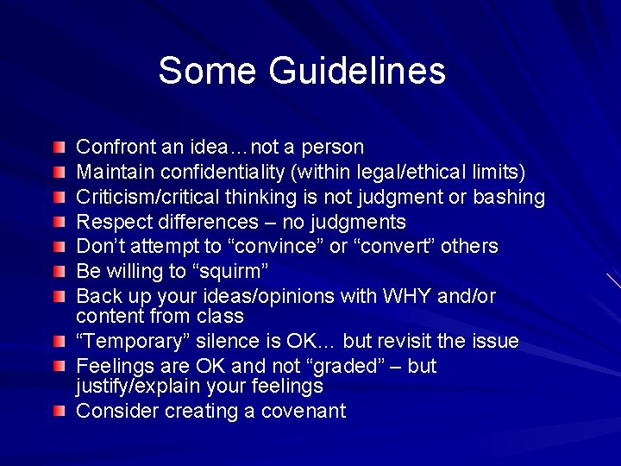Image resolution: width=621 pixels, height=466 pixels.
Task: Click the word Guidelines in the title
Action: coord(357,71)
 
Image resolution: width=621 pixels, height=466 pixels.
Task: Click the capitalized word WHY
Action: coord(402,296)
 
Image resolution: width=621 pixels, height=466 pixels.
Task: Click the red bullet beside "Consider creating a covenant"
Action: coord(58,411)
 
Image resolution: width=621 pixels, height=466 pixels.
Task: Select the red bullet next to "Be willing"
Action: coord(58,272)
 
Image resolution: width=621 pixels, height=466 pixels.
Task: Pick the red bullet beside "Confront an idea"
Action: coord(58,147)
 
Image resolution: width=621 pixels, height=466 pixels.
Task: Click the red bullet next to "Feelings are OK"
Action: coord(58,367)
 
